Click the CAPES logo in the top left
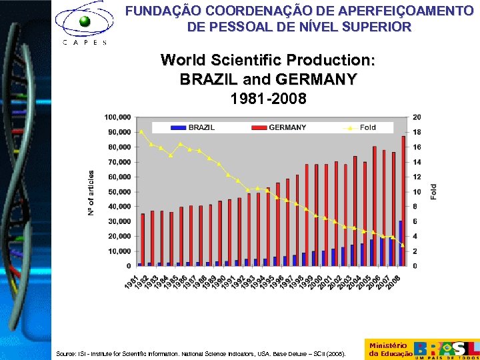coord(84,25)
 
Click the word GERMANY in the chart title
coord(315,79)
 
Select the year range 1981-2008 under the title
coord(268,99)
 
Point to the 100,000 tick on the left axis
coord(117,117)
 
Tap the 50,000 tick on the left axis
coord(119,192)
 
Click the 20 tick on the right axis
coord(417,117)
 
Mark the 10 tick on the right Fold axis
coord(417,192)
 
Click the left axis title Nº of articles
coord(91,192)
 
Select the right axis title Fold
coord(434,192)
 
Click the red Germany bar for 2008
coord(403,201)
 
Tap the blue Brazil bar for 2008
coord(400,243)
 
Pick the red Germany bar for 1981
coord(143,239)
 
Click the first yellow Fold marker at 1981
coord(141,131)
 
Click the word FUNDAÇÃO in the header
coord(158,11)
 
